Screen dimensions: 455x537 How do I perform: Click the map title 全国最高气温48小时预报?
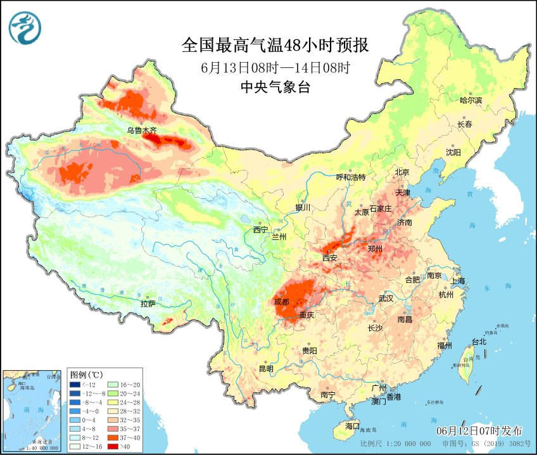(275, 45)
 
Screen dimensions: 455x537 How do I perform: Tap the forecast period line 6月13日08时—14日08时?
(275, 67)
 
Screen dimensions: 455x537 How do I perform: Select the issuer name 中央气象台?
(275, 87)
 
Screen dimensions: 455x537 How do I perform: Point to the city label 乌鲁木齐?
(141, 131)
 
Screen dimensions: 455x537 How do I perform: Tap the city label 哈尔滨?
(471, 100)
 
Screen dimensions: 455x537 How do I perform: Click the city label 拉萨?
(148, 304)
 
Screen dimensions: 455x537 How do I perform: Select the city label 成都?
(282, 302)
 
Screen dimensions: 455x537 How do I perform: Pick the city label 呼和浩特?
(350, 177)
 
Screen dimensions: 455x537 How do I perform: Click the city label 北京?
(403, 172)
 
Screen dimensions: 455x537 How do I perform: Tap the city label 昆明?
(266, 369)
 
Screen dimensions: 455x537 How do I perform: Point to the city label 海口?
(352, 425)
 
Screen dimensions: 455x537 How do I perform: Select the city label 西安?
(329, 258)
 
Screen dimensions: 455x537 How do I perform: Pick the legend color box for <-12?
(75, 385)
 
